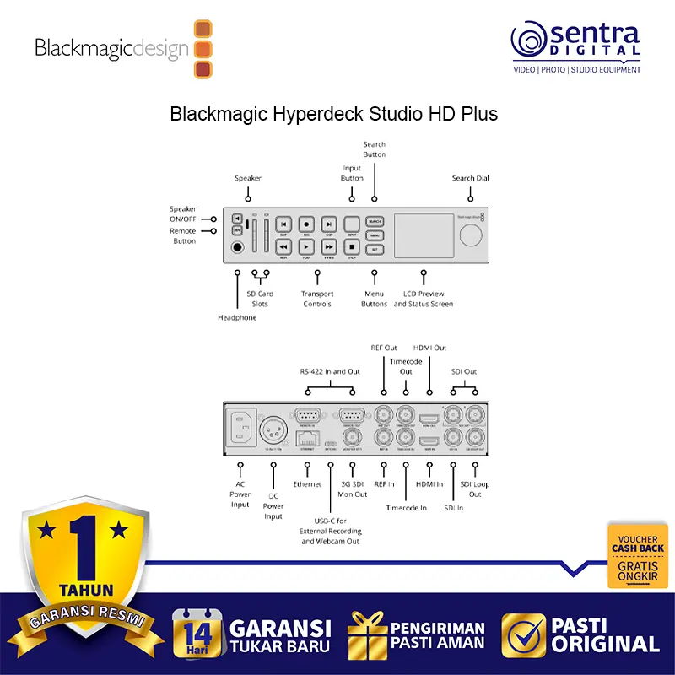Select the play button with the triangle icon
(x=306, y=247)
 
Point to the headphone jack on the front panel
(x=238, y=247)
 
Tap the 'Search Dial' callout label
(x=470, y=178)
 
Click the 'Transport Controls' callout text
(x=318, y=299)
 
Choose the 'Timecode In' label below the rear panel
(x=407, y=508)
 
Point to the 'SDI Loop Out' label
(x=475, y=489)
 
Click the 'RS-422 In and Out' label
(x=330, y=371)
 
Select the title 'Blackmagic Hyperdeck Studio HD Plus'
(x=334, y=113)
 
